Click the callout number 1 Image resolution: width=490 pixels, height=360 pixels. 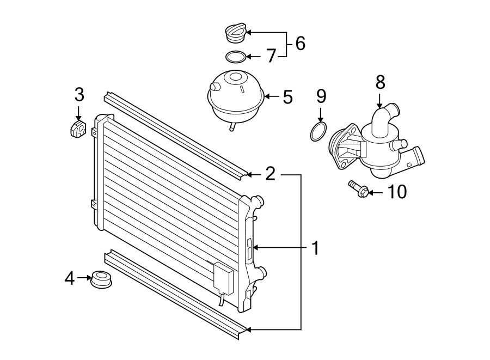coord(315,248)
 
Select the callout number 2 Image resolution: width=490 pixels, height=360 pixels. coord(270,174)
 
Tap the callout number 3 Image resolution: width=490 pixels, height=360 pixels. coord(79,95)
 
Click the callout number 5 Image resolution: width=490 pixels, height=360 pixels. coord(287,97)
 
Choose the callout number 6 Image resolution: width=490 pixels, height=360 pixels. coord(300,44)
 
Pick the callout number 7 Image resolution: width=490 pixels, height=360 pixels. coord(271,56)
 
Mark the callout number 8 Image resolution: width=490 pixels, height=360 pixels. coord(380,82)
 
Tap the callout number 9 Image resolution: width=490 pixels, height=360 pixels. coord(321,96)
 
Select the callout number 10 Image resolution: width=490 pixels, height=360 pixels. coord(397,192)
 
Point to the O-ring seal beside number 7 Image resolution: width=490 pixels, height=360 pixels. coord(235,56)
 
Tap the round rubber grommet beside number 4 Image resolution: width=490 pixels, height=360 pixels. coord(102,279)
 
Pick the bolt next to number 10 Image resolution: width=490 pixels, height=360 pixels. coord(358,188)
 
